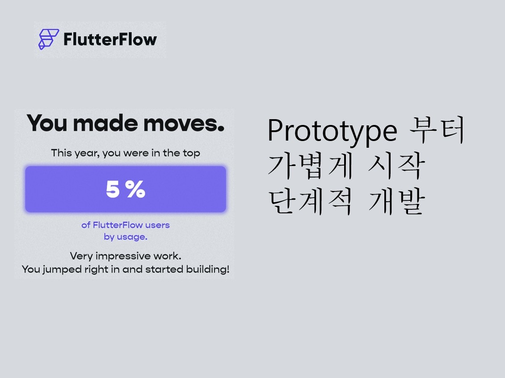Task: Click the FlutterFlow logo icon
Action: [48, 39]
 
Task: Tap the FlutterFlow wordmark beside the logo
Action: [110, 39]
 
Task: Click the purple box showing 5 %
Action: [126, 189]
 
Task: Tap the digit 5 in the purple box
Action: [113, 190]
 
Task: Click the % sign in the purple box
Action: [135, 190]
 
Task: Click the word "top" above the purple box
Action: [191, 154]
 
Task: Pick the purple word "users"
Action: [157, 225]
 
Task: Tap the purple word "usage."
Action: [132, 237]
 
